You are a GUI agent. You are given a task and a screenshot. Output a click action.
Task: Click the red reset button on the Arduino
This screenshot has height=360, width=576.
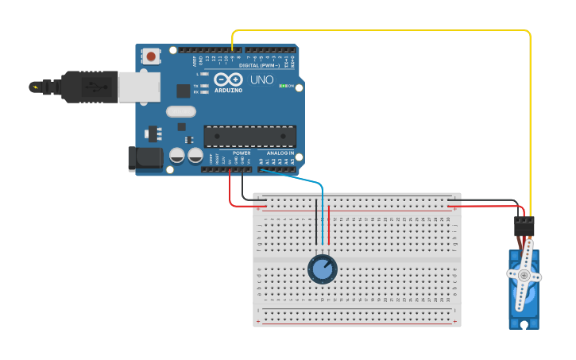click(x=150, y=56)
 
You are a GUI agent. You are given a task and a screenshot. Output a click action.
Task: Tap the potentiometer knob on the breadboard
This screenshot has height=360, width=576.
click(x=323, y=269)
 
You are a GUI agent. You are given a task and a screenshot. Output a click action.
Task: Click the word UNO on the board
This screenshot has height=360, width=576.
click(x=262, y=79)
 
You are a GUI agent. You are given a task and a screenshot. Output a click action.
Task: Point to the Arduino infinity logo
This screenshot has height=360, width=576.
click(x=228, y=79)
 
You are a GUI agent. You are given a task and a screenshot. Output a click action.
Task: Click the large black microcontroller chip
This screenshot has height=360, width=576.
click(x=249, y=136)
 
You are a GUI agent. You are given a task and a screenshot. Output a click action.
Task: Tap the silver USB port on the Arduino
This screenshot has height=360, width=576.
click(x=138, y=87)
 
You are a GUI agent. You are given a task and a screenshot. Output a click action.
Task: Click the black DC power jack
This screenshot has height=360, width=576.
click(x=145, y=157)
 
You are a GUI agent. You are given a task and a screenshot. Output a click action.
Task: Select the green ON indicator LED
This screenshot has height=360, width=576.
click(x=284, y=86)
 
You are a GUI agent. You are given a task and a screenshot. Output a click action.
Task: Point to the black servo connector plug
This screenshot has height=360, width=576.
click(x=524, y=226)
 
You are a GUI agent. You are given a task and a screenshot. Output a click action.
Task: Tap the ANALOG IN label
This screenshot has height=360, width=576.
click(x=280, y=153)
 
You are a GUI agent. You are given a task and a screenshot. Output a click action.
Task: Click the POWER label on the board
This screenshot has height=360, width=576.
click(x=242, y=153)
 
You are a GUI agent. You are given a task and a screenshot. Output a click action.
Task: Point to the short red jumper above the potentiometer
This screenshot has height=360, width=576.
click(x=328, y=223)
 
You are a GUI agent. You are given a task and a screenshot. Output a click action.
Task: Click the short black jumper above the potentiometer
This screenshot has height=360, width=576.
click(x=316, y=223)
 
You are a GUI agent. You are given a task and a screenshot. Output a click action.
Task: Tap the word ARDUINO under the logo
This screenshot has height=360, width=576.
click(x=228, y=90)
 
